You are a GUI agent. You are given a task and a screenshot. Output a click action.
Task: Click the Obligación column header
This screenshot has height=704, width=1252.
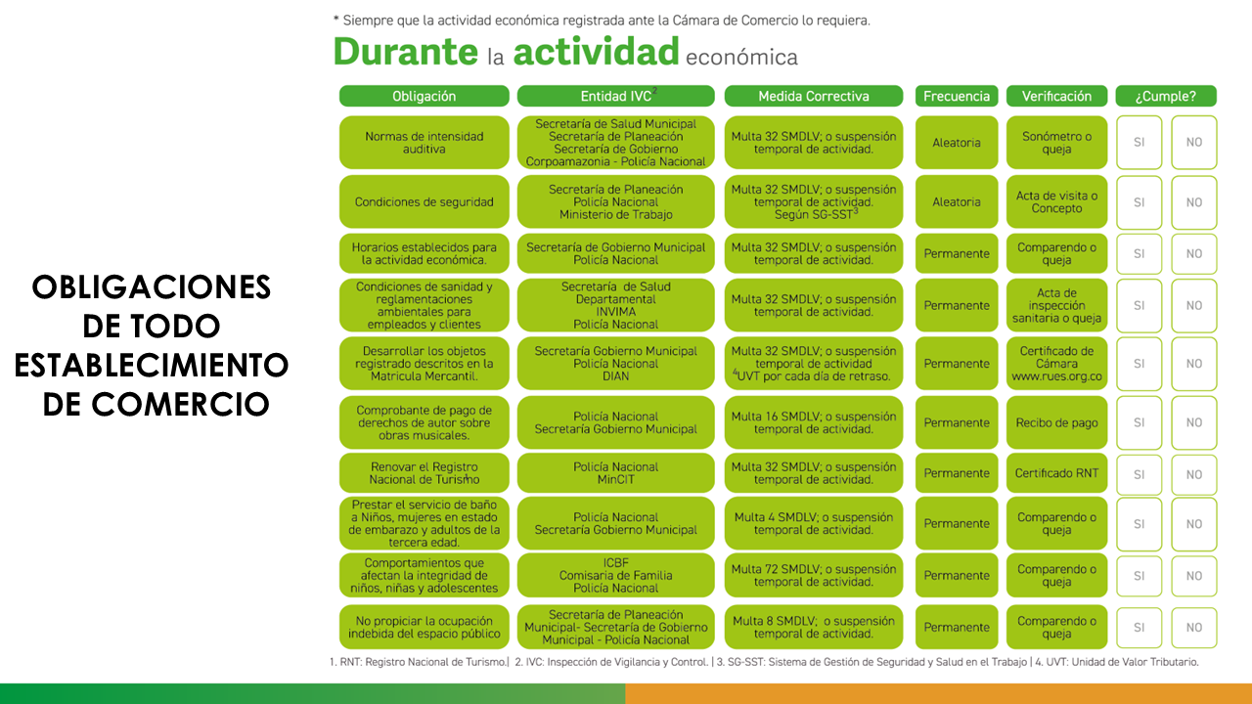[424, 96]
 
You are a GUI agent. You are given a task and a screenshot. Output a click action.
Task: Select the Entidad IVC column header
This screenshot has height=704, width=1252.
[615, 96]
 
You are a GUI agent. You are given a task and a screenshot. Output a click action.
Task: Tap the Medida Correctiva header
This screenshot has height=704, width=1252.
[814, 96]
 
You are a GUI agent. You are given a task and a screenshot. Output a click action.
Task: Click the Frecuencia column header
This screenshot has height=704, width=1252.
[956, 96]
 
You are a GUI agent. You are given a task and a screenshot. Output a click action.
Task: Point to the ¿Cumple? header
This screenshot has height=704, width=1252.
[1165, 96]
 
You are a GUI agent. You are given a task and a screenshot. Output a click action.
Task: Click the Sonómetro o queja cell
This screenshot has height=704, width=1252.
[1056, 143]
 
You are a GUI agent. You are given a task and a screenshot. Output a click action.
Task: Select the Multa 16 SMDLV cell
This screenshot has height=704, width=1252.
[814, 422]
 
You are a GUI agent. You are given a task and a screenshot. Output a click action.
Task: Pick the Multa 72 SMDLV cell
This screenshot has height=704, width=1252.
[814, 575]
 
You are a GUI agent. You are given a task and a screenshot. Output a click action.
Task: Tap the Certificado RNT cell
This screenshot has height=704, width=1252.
[1056, 473]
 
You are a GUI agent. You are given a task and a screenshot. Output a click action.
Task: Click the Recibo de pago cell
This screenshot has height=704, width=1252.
[1056, 422]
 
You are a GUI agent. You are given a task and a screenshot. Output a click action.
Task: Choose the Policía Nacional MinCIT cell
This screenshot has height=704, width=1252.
[615, 473]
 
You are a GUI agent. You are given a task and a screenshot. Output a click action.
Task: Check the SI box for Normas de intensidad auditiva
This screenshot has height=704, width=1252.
[1139, 143]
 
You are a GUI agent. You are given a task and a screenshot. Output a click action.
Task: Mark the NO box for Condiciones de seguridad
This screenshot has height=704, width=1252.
[1193, 202]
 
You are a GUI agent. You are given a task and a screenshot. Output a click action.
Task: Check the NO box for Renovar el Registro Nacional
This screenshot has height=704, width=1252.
[1193, 474]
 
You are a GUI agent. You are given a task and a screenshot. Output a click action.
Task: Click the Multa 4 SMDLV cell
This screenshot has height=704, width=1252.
[814, 523]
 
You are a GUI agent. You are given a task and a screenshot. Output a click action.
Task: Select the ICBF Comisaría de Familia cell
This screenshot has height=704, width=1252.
[615, 575]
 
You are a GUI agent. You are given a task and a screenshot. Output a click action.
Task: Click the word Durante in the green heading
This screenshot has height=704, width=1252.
[403, 52]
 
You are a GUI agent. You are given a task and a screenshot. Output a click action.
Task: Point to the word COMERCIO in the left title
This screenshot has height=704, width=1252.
[156, 403]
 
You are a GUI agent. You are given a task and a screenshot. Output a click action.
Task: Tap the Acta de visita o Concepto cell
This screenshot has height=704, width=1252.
[1056, 202]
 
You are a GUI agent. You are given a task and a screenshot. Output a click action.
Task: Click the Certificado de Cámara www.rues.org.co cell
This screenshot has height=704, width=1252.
[1056, 363]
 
